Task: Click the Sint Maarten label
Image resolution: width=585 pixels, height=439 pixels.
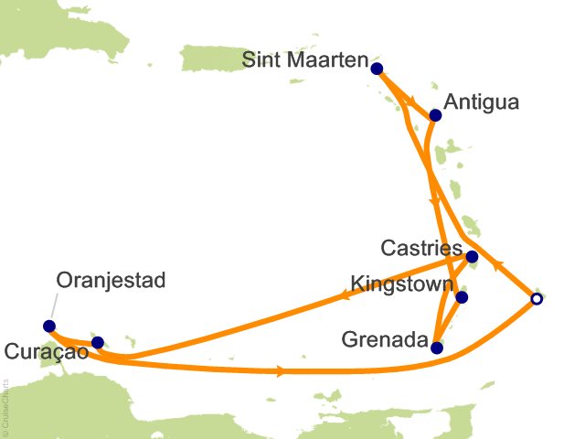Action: [305, 61]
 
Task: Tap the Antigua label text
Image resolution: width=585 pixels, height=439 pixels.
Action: [481, 102]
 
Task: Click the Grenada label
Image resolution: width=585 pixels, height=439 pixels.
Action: [384, 341]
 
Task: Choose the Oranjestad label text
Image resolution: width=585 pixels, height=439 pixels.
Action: [111, 280]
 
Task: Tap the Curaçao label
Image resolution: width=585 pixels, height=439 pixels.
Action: [46, 351]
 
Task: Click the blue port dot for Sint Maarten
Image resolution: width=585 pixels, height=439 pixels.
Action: [377, 67]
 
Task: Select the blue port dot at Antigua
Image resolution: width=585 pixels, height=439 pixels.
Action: [436, 115]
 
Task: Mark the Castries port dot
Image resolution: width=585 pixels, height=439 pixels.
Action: [472, 257]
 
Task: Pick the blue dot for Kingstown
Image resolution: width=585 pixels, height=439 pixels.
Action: [462, 297]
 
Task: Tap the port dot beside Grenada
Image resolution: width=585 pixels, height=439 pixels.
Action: [437, 348]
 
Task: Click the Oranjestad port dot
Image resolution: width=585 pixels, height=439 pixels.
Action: [49, 326]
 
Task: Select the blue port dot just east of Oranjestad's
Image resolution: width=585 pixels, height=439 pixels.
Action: [98, 342]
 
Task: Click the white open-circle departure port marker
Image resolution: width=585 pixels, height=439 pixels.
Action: [537, 298]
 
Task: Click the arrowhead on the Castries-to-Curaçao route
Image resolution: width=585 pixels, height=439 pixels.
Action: [346, 294]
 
